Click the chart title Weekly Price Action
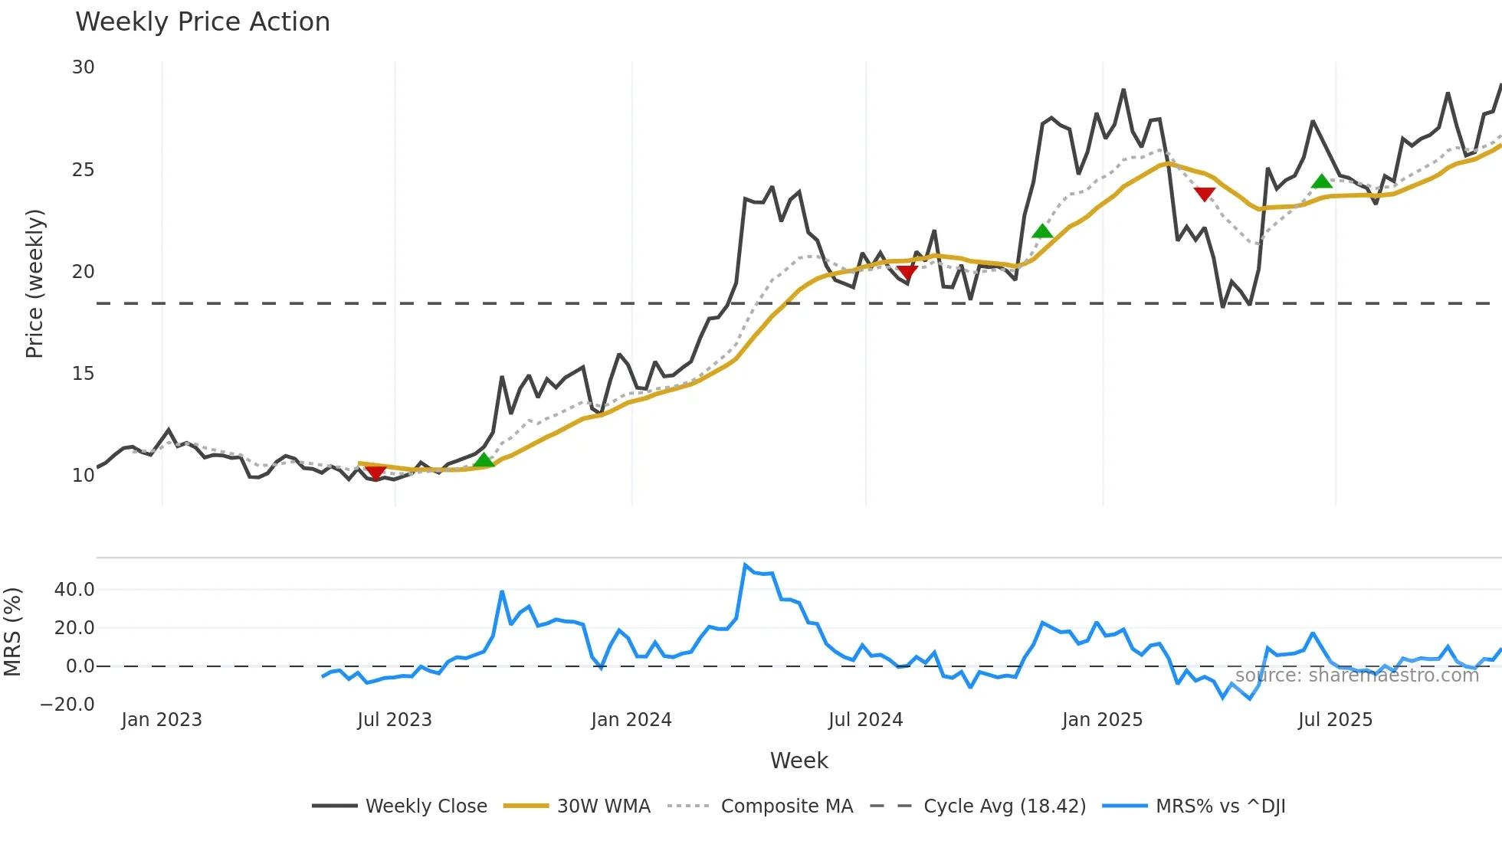(x=202, y=22)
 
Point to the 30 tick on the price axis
(x=84, y=67)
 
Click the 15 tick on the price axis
(x=84, y=374)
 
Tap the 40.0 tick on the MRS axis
(x=74, y=590)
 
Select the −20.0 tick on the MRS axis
(x=67, y=705)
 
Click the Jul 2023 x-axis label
(x=395, y=720)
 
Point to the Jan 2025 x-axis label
(x=1102, y=720)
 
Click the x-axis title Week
(x=799, y=761)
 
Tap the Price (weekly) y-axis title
(x=34, y=283)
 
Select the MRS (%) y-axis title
(x=12, y=632)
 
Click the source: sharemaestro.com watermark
(x=1356, y=675)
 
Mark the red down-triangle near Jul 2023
(x=375, y=473)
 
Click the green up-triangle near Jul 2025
(x=1322, y=182)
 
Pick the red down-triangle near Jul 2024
(x=907, y=273)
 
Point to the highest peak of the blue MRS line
(x=745, y=565)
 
